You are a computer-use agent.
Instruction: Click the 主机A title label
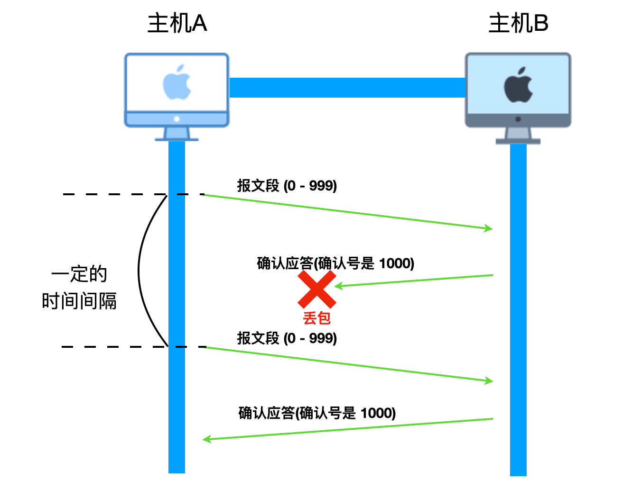tap(177, 23)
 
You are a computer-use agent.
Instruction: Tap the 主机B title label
tap(518, 23)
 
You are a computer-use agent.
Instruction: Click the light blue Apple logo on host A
tap(177, 82)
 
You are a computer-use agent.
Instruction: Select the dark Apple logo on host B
tap(518, 85)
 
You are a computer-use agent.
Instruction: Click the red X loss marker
tap(317, 289)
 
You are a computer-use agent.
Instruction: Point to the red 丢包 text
tap(317, 318)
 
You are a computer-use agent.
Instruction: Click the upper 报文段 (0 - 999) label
tap(287, 186)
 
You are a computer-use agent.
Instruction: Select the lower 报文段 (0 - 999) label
tap(287, 338)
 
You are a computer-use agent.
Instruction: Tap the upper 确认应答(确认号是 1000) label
tap(335, 263)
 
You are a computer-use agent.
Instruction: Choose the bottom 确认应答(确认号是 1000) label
tap(317, 413)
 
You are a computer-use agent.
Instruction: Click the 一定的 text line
tap(79, 274)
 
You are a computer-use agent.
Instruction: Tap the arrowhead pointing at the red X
tap(338, 286)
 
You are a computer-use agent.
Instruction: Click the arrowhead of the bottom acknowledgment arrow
tap(207, 439)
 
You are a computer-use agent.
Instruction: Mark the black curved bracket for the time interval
tap(139, 271)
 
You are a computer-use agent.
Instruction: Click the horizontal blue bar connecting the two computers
tap(348, 87)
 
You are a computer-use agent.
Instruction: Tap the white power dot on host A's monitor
tap(177, 119)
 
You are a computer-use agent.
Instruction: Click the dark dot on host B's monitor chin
tap(518, 119)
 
